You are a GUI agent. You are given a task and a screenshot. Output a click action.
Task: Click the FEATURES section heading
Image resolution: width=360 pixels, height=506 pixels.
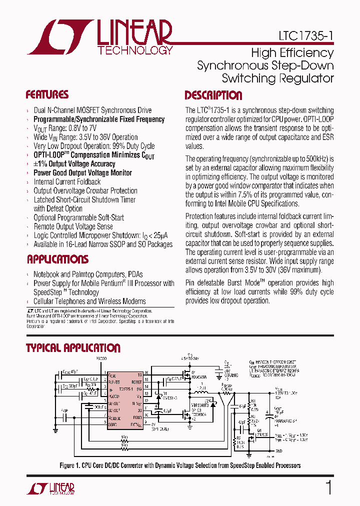47,95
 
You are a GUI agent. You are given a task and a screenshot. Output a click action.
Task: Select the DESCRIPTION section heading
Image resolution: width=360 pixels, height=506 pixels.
213,95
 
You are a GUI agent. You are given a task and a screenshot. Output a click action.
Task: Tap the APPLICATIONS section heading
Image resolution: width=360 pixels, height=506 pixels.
57,259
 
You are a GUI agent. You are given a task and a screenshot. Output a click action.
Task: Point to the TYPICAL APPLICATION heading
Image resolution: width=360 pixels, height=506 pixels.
73,348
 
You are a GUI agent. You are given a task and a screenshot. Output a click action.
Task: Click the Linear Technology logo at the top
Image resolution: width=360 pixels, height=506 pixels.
100,37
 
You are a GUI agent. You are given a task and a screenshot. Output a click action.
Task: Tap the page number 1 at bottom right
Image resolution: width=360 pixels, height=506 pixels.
328,487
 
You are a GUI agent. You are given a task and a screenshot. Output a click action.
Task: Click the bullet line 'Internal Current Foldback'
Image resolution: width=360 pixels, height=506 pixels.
67,182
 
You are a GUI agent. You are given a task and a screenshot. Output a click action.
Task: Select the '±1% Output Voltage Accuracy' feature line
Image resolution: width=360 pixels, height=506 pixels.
74,164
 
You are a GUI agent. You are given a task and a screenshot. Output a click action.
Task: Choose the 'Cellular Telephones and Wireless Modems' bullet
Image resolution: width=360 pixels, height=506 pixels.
89,301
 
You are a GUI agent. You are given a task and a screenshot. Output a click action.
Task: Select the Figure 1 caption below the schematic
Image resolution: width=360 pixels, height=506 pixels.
180,465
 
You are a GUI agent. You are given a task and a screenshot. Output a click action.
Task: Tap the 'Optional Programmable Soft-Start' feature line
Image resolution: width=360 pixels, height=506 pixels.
78,217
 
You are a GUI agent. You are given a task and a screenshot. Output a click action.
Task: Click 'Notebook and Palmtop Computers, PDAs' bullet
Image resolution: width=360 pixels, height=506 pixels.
88,274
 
